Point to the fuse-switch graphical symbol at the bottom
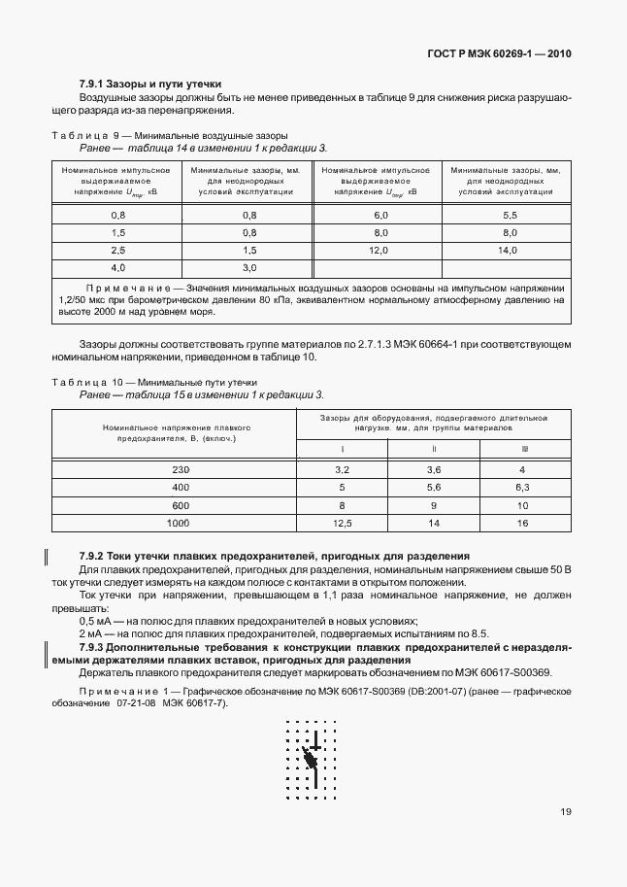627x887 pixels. (x=312, y=757)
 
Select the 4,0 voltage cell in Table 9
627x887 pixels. (x=118, y=267)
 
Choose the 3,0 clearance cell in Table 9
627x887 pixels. (x=248, y=267)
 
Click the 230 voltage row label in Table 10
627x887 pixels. (x=181, y=469)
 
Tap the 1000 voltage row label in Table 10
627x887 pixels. (x=178, y=523)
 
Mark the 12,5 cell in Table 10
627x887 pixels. (x=342, y=523)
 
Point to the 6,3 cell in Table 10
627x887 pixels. (x=522, y=487)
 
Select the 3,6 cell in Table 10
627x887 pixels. (x=434, y=469)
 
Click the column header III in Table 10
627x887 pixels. (x=524, y=449)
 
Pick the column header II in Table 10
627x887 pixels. (x=434, y=449)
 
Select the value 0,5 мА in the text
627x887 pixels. (x=94, y=621)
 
